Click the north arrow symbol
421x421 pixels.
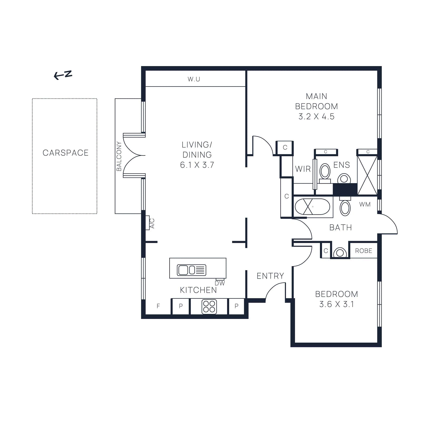pyautogui.click(x=63, y=75)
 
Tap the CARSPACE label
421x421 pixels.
pyautogui.click(x=66, y=153)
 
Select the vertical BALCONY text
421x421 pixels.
pyautogui.click(x=119, y=156)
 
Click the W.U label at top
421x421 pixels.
pyautogui.click(x=194, y=79)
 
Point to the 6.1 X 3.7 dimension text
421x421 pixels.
pyautogui.click(x=197, y=165)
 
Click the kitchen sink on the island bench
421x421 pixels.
pyautogui.click(x=191, y=270)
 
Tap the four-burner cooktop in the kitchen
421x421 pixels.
pyautogui.click(x=209, y=307)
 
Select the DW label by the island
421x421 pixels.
pyautogui.click(x=220, y=283)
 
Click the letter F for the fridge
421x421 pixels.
pyautogui.click(x=158, y=306)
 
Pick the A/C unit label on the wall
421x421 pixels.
pyautogui.click(x=152, y=223)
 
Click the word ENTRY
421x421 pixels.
pyautogui.click(x=270, y=276)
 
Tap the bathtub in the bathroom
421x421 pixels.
pyautogui.click(x=312, y=207)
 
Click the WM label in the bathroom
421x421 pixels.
pyautogui.click(x=365, y=204)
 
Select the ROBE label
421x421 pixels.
pyautogui.click(x=363, y=251)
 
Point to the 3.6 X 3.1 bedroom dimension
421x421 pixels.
pyautogui.click(x=337, y=304)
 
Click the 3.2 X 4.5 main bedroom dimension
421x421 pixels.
pyautogui.click(x=316, y=117)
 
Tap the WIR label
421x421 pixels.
pyautogui.click(x=303, y=169)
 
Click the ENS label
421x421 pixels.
pyautogui.click(x=342, y=165)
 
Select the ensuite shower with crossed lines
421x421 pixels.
pyautogui.click(x=367, y=175)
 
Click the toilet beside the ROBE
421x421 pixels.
pyautogui.click(x=340, y=253)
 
